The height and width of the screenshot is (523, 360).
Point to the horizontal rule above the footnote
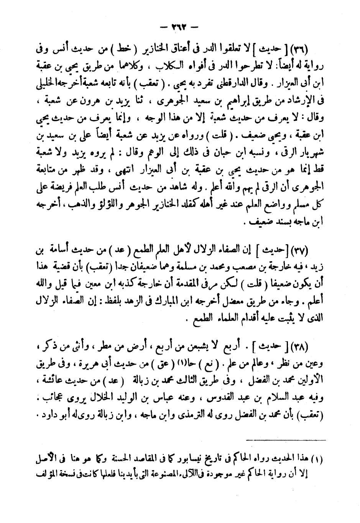[x=285, y=440]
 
